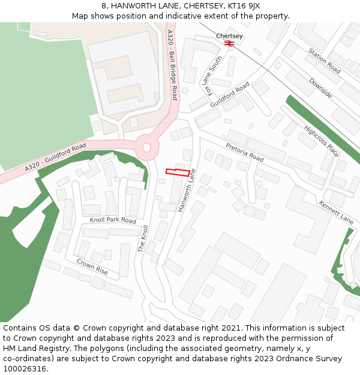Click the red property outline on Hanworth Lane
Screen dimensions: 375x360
[x=178, y=172]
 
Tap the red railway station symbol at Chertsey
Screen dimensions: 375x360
[x=229, y=43]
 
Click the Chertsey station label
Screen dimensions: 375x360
[x=229, y=36]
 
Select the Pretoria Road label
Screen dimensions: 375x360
[x=245, y=152]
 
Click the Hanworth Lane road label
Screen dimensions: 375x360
[x=187, y=190]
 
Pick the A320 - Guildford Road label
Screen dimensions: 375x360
[x=56, y=158]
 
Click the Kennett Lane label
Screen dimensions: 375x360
[x=336, y=212]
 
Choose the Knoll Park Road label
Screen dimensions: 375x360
[x=113, y=220]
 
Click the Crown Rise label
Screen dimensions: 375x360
[x=92, y=267]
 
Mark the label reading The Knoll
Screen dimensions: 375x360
[x=144, y=238]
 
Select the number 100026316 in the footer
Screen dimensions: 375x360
[x=23, y=369]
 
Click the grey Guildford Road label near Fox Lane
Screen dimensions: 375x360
[x=230, y=95]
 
